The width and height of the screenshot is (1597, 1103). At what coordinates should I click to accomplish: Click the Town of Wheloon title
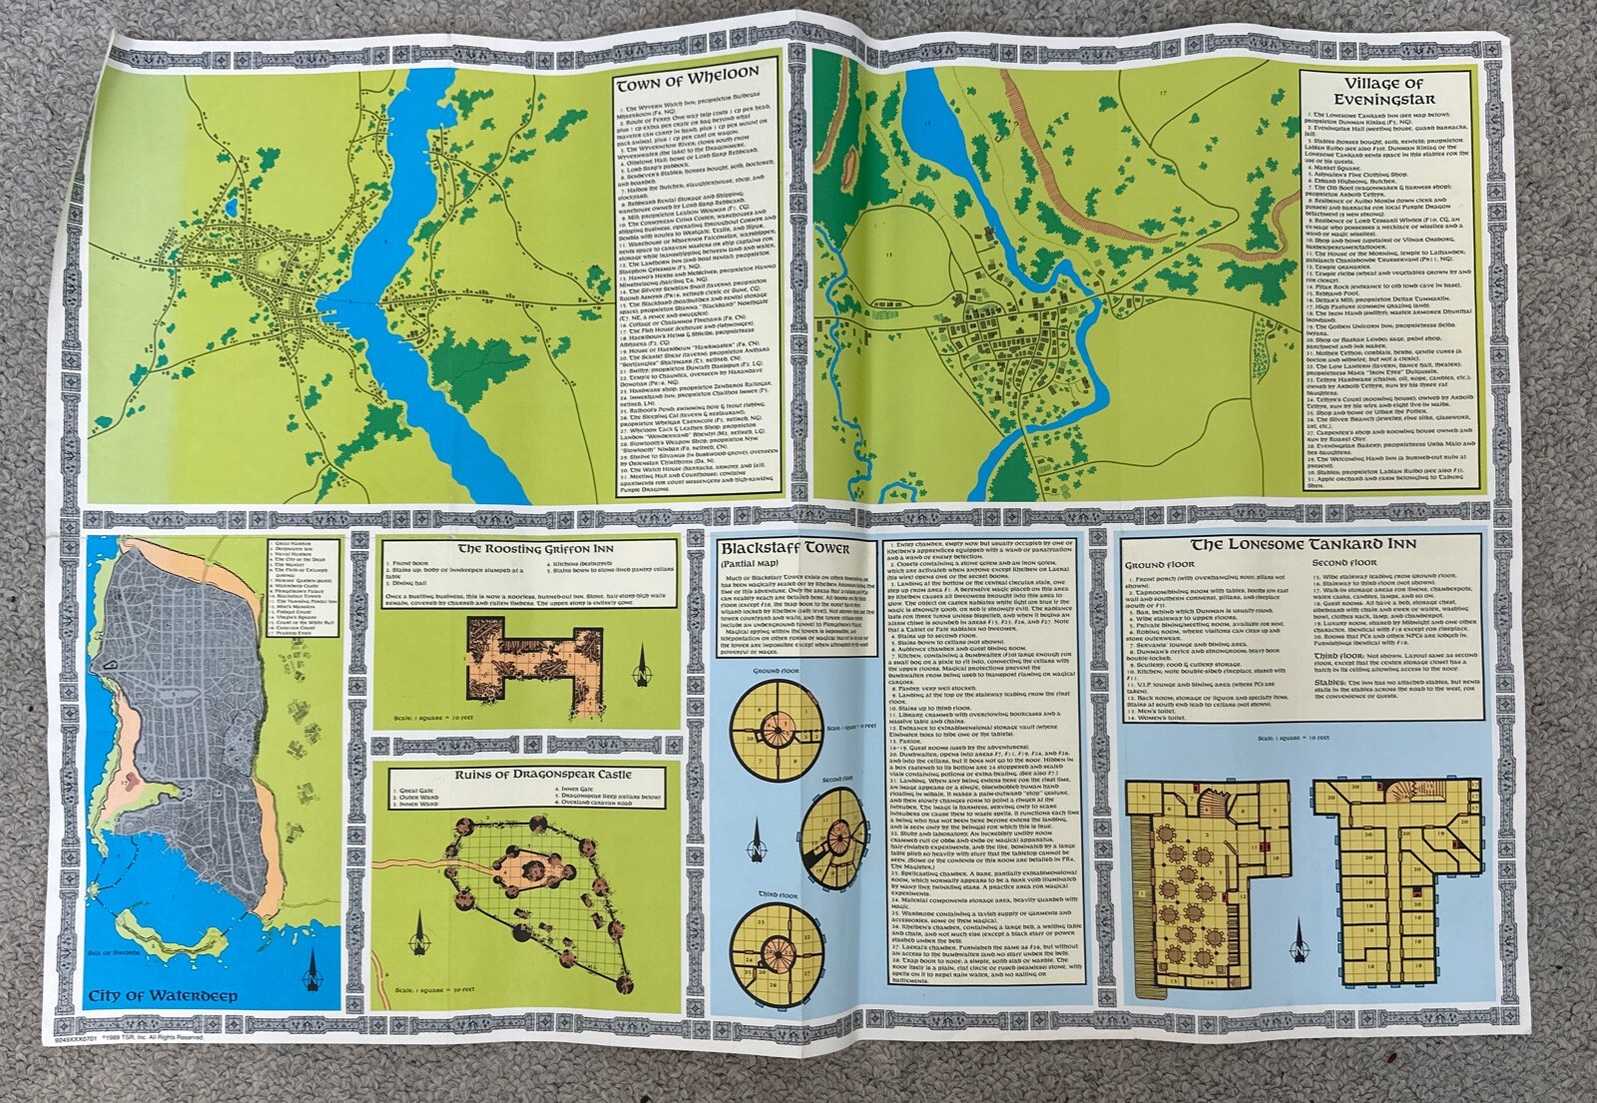[687, 74]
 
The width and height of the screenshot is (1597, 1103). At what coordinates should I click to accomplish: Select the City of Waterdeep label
[162, 995]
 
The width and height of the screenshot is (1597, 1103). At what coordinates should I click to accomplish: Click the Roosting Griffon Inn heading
[529, 549]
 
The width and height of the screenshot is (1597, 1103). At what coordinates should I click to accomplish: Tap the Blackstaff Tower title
[785, 548]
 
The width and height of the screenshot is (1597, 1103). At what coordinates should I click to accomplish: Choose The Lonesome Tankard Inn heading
[1303, 544]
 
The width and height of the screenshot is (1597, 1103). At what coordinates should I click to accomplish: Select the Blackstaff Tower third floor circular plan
[777, 943]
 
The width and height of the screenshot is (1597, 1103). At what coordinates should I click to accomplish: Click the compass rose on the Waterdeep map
[315, 966]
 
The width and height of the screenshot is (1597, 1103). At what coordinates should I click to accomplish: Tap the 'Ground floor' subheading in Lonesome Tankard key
[1160, 564]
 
